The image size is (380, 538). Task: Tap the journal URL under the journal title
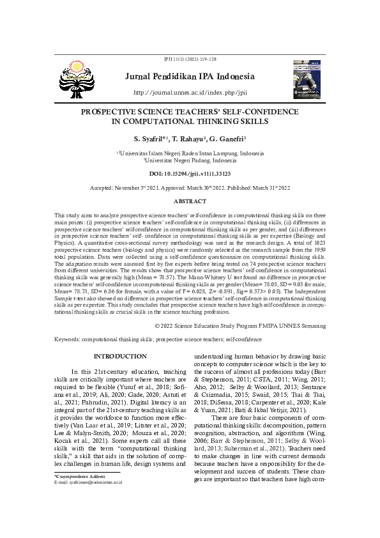point(190,93)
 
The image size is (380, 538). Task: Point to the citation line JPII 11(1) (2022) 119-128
point(190,58)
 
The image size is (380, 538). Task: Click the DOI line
point(190,173)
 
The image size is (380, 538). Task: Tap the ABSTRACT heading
point(190,201)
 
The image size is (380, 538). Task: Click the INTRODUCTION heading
point(120,356)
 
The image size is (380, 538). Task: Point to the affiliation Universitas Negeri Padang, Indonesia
point(190,161)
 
